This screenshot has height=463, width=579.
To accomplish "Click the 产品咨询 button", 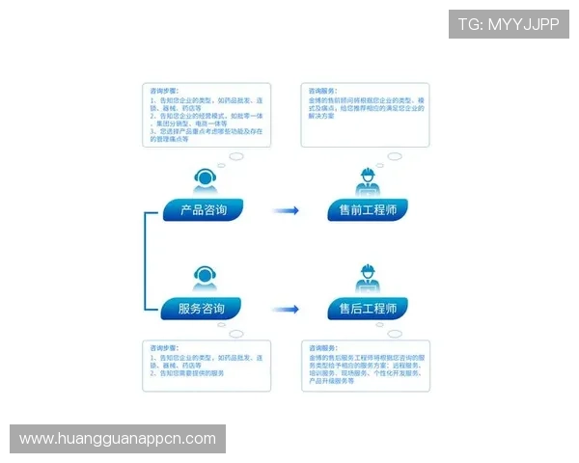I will click(x=203, y=209).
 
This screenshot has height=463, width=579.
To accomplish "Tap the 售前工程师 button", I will click(x=367, y=209).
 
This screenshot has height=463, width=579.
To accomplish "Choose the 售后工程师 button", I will click(x=367, y=309).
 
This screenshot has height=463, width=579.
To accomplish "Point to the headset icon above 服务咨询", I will click(x=204, y=278).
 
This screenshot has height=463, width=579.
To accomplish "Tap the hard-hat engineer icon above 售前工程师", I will click(x=367, y=180).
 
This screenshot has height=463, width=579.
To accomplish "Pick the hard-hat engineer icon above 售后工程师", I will click(x=367, y=278).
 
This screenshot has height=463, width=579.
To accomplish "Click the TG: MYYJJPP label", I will click(x=509, y=23).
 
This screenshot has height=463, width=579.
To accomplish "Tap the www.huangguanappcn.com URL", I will click(x=118, y=439).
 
